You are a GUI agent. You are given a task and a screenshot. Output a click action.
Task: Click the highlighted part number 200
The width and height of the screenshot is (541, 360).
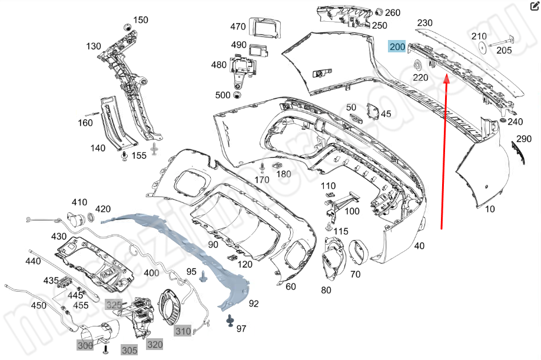tap(397, 46)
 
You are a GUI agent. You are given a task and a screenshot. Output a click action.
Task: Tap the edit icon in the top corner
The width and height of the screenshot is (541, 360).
tap(535, 8)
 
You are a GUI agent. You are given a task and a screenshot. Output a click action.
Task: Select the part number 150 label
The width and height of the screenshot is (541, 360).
tap(141, 20)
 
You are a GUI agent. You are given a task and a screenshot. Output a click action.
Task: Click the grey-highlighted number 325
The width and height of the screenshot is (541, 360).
tap(113, 304)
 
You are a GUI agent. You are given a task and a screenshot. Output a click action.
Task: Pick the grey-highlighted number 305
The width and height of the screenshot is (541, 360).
tap(130, 350)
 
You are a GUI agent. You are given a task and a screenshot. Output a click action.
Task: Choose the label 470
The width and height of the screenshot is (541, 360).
tap(238, 26)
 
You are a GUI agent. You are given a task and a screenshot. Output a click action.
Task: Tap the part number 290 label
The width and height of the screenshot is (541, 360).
tap(523, 139)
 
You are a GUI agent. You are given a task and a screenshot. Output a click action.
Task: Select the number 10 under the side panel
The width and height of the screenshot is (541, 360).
tap(490, 209)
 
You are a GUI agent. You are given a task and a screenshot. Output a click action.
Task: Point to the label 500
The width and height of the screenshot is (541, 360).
tap(223, 95)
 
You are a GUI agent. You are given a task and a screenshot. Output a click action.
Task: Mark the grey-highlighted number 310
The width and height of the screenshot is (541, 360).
tap(182, 331)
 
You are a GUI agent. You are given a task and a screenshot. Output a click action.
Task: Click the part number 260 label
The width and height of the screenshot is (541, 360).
tap(393, 12)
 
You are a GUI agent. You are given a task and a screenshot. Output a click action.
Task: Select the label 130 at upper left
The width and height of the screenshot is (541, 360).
tap(94, 46)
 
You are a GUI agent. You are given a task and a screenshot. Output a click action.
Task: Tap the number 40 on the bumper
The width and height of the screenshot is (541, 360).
tap(419, 246)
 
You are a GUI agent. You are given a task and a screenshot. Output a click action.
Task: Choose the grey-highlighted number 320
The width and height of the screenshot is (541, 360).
tap(155, 344)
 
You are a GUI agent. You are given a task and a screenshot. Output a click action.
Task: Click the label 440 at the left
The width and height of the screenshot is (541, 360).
tap(34, 261)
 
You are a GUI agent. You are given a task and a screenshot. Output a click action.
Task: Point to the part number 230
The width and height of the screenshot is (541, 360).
tap(425, 23)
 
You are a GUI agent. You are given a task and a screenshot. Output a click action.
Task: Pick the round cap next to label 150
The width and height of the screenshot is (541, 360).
tap(125, 26)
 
